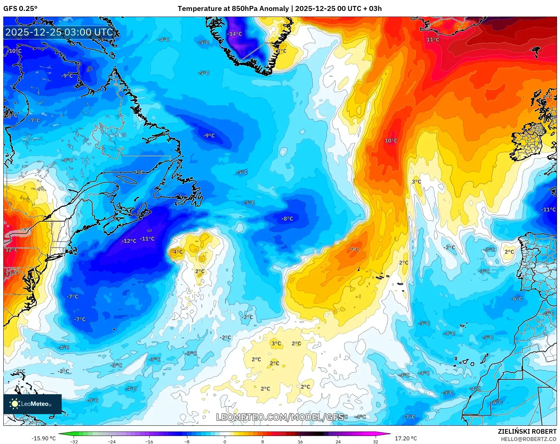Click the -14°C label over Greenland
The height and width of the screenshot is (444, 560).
(x=234, y=34)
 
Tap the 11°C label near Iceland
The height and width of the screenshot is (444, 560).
(x=433, y=40)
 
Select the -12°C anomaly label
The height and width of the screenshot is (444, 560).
(x=129, y=241)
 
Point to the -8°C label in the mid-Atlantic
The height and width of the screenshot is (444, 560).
(x=287, y=219)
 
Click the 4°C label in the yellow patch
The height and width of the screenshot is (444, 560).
(x=178, y=252)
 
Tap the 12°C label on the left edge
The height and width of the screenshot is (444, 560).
(x=12, y=250)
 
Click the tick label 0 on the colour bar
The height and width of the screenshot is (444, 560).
(x=225, y=441)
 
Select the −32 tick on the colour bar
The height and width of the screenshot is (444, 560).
(x=74, y=441)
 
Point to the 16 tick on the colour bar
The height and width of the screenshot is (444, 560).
(x=300, y=441)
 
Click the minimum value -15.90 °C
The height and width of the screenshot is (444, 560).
(x=43, y=438)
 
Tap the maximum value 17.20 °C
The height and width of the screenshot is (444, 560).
(x=406, y=438)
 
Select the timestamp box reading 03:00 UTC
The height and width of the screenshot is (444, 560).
(x=59, y=32)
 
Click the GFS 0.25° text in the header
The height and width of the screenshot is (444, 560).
(x=20, y=9)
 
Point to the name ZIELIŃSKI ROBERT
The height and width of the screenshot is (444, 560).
(x=527, y=431)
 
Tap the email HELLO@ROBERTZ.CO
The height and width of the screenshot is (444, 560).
(x=528, y=439)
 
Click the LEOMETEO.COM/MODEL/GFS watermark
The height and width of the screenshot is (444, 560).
(x=280, y=417)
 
